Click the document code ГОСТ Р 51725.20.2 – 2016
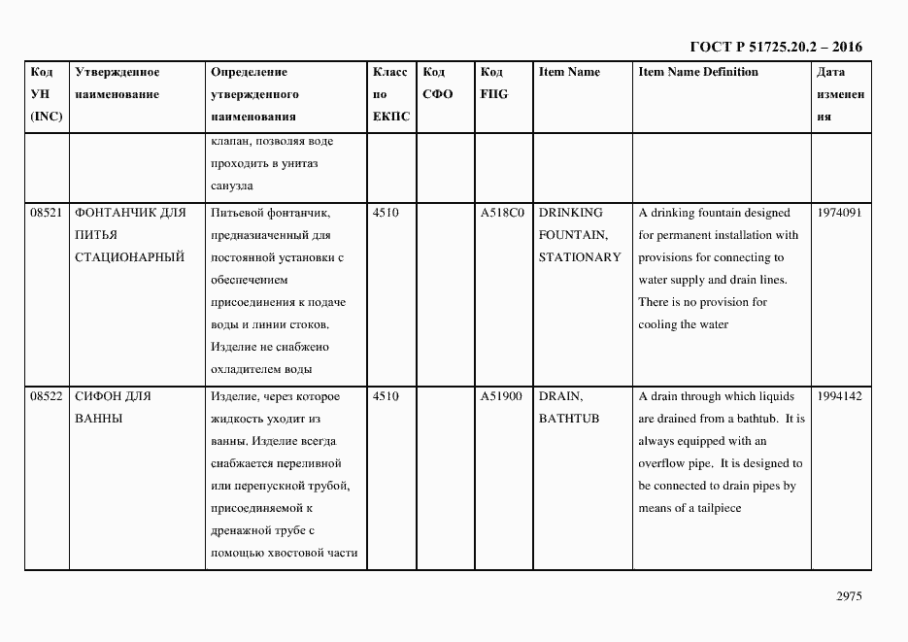click(775, 47)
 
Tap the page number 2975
click(850, 597)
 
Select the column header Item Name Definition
click(698, 72)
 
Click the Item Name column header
click(569, 72)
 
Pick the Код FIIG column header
click(493, 84)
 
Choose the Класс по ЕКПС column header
click(391, 94)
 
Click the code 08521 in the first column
click(47, 213)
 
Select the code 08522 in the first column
click(47, 396)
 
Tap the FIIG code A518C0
click(502, 213)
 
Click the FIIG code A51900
click(502, 396)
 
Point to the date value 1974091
click(839, 213)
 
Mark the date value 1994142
click(839, 396)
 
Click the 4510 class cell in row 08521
click(386, 213)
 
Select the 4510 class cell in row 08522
click(386, 396)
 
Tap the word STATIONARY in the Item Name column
click(580, 257)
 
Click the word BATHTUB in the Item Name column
click(570, 419)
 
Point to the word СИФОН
click(98, 396)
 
